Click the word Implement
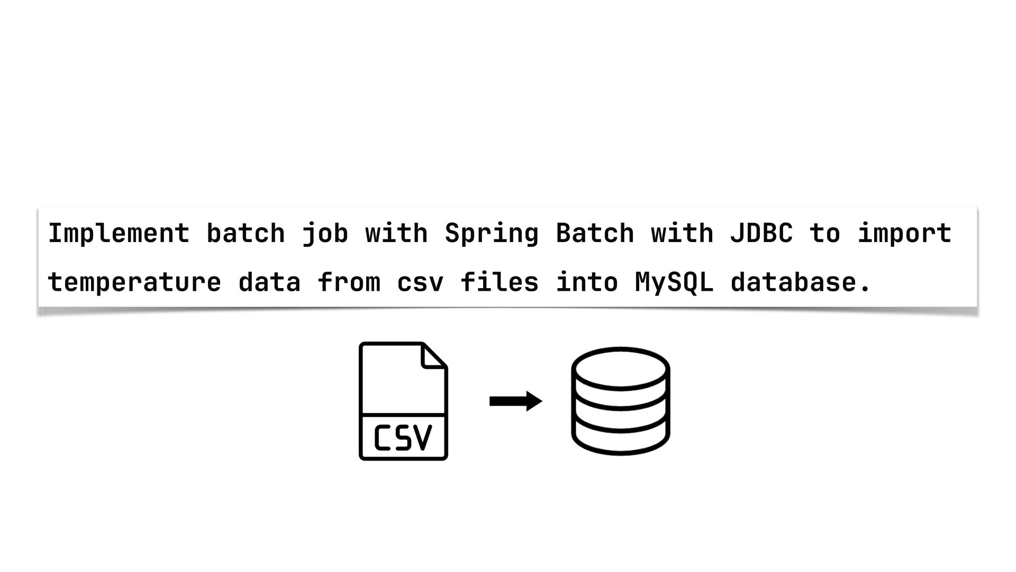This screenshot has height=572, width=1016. click(x=119, y=234)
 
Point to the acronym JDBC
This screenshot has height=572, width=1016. click(x=761, y=234)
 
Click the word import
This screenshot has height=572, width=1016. click(x=904, y=234)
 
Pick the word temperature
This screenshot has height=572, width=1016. click(x=134, y=282)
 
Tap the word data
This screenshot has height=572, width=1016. click(x=269, y=282)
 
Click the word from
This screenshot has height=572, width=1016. click(x=349, y=282)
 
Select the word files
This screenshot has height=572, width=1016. click(x=499, y=282)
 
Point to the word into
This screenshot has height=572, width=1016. click(x=586, y=282)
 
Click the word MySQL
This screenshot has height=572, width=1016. click(x=674, y=282)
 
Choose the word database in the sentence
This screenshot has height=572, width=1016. click(x=793, y=282)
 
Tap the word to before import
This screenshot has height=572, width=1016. click(x=824, y=234)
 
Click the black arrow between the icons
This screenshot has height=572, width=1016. click(x=515, y=401)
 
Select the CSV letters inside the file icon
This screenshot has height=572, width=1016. click(x=403, y=438)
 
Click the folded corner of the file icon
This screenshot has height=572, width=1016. click(x=433, y=356)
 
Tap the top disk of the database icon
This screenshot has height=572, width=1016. click(x=620, y=369)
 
